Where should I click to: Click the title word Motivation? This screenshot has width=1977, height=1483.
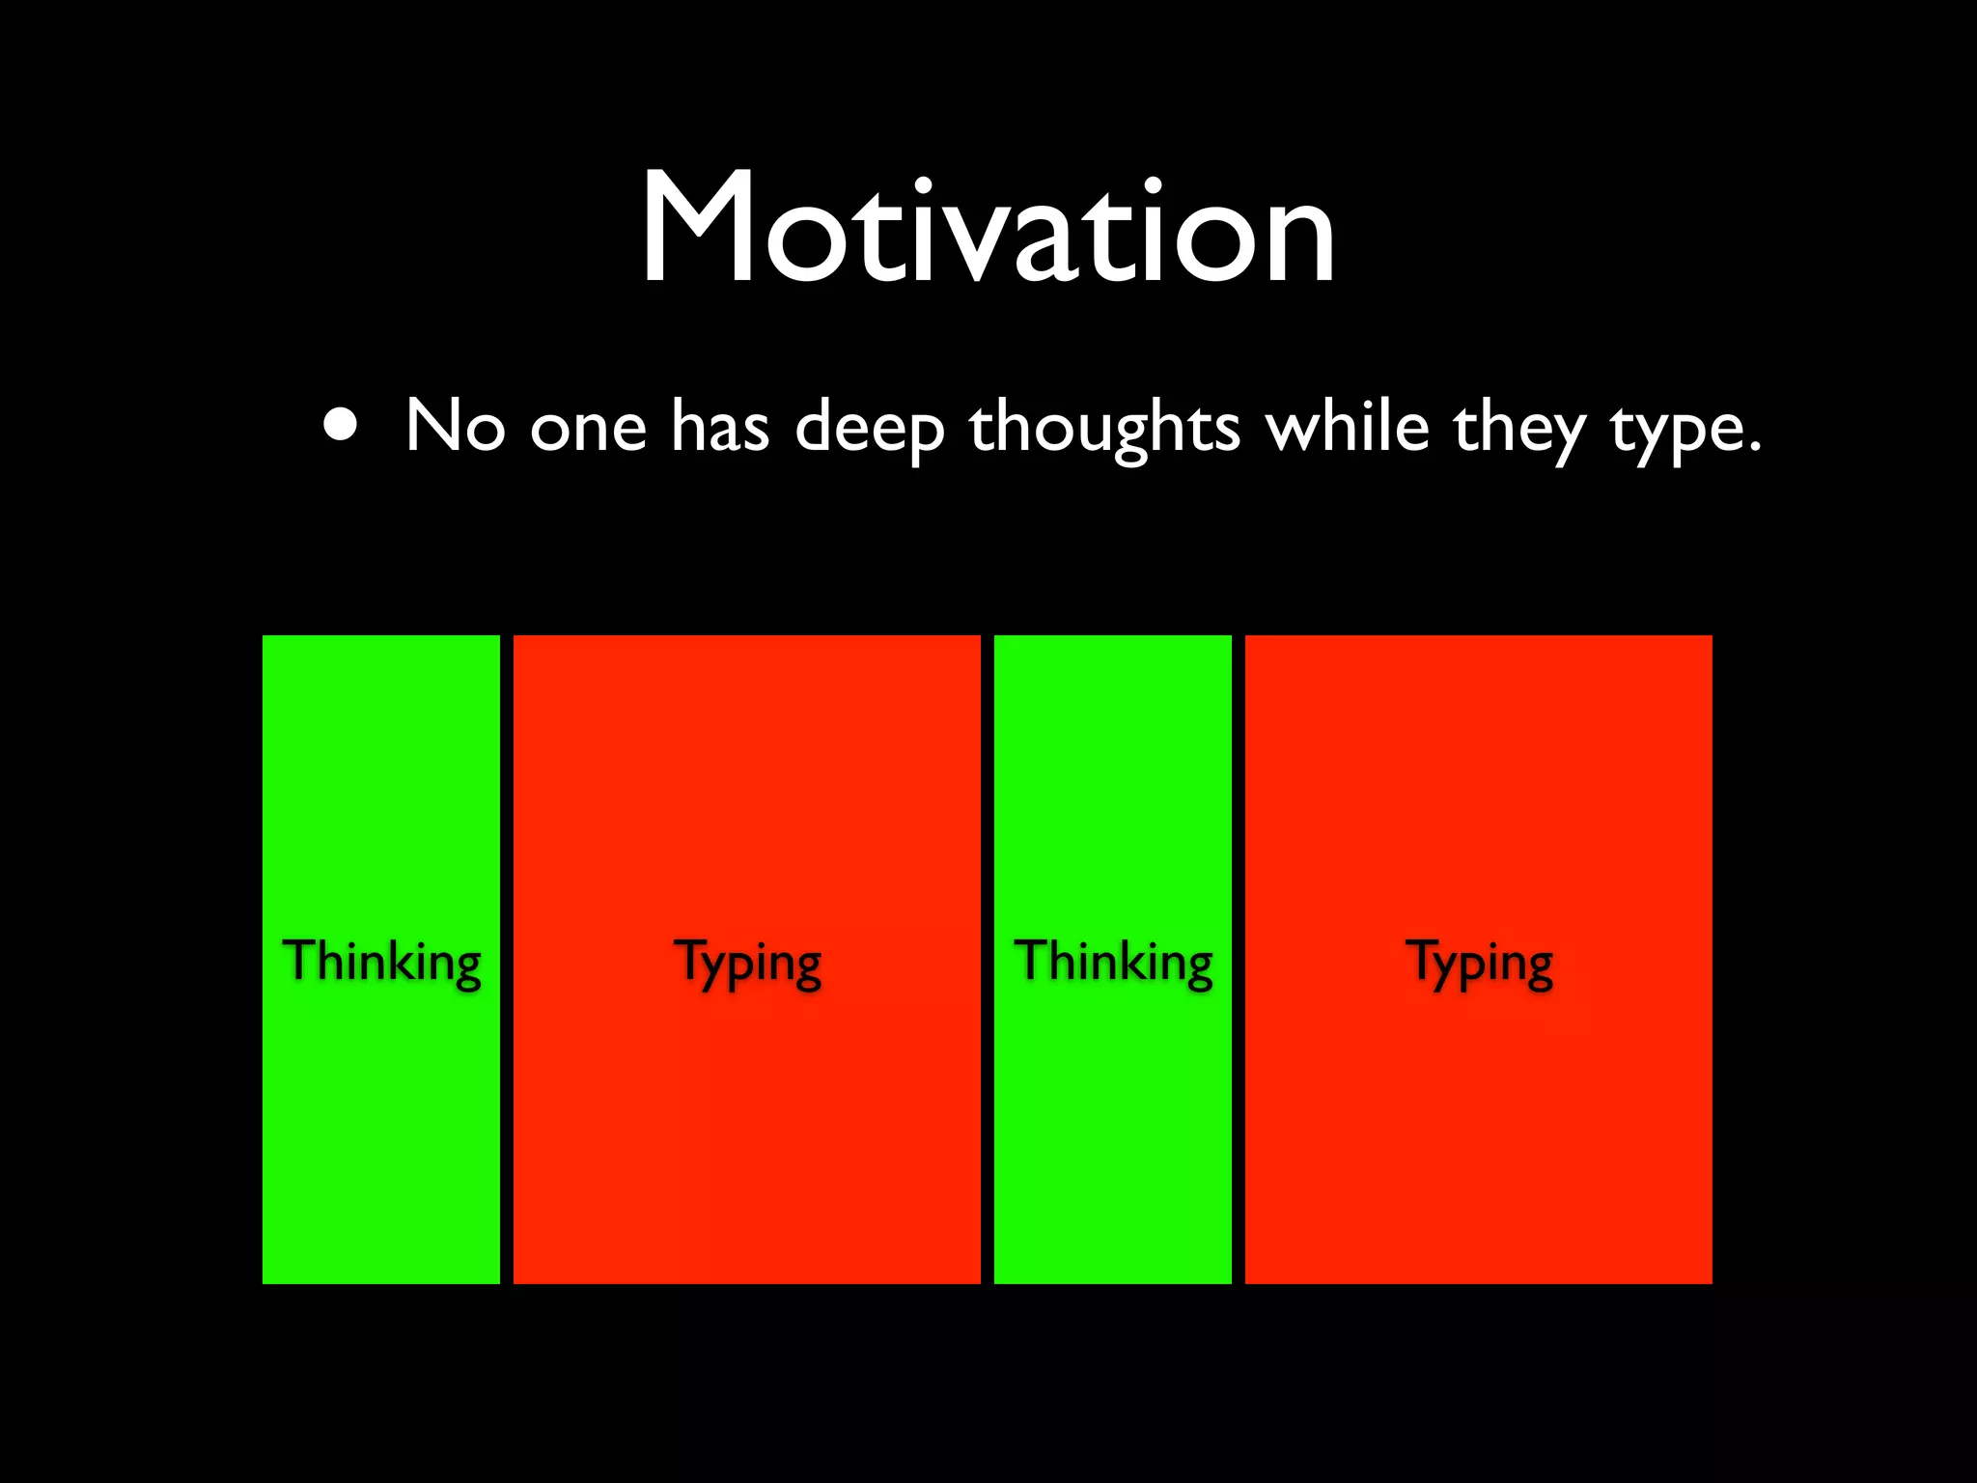pyautogui.click(x=988, y=230)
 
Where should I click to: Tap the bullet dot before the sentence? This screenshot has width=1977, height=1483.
pyautogui.click(x=340, y=425)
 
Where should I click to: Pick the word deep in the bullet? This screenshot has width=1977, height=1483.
pyautogui.click(x=870, y=428)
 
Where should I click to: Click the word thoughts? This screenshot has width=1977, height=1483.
pyautogui.click(x=1104, y=427)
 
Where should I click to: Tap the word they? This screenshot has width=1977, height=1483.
pyautogui.click(x=1518, y=428)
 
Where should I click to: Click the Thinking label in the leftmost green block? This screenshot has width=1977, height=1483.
pyautogui.click(x=381, y=961)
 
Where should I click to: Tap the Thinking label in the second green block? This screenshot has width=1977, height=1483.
pyautogui.click(x=1113, y=961)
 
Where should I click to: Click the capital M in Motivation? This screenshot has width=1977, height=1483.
pyautogui.click(x=697, y=230)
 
